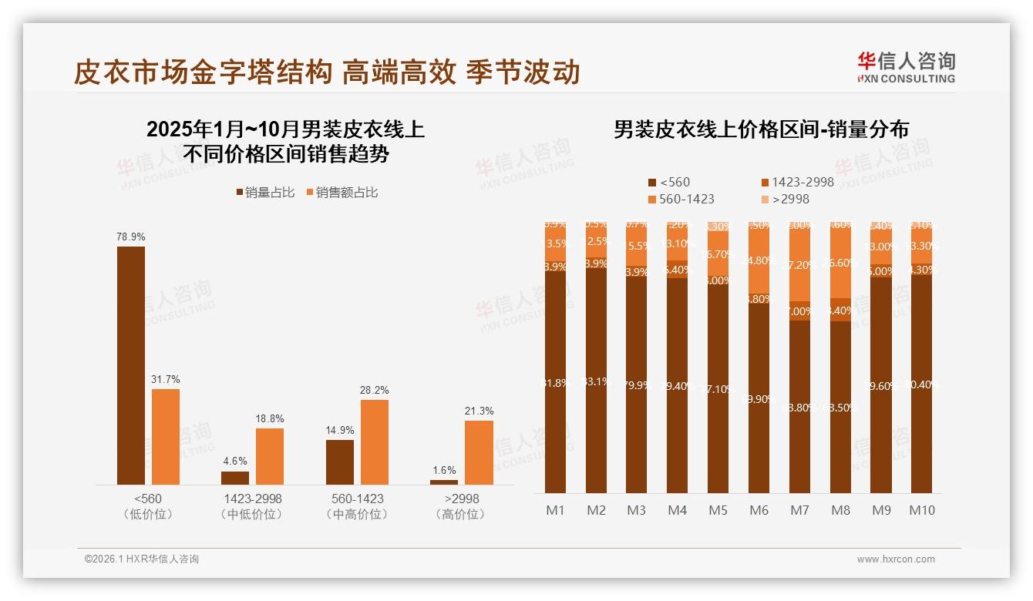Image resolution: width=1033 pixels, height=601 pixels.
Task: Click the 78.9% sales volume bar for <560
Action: [131, 365]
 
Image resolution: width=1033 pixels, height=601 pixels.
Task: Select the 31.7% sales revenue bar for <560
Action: [166, 436]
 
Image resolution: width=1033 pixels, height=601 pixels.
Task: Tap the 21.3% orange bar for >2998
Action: [479, 452]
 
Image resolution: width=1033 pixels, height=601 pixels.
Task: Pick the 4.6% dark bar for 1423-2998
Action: [235, 478]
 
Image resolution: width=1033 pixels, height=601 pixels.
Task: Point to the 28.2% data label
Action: [374, 391]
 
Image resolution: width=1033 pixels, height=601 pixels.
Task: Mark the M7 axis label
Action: [800, 510]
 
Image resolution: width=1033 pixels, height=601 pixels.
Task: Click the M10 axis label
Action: [922, 510]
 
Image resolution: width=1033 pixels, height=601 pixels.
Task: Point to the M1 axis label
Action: [556, 510]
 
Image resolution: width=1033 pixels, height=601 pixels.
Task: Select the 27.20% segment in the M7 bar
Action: [800, 264]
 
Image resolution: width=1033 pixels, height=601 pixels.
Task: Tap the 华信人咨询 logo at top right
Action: [906, 66]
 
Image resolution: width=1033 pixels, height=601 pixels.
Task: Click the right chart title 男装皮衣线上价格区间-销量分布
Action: [761, 129]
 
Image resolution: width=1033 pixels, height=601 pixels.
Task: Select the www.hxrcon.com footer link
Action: [896, 559]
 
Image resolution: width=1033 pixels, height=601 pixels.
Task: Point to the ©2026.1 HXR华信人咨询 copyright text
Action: [142, 559]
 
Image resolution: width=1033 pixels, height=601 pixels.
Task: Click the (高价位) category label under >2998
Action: [461, 514]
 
